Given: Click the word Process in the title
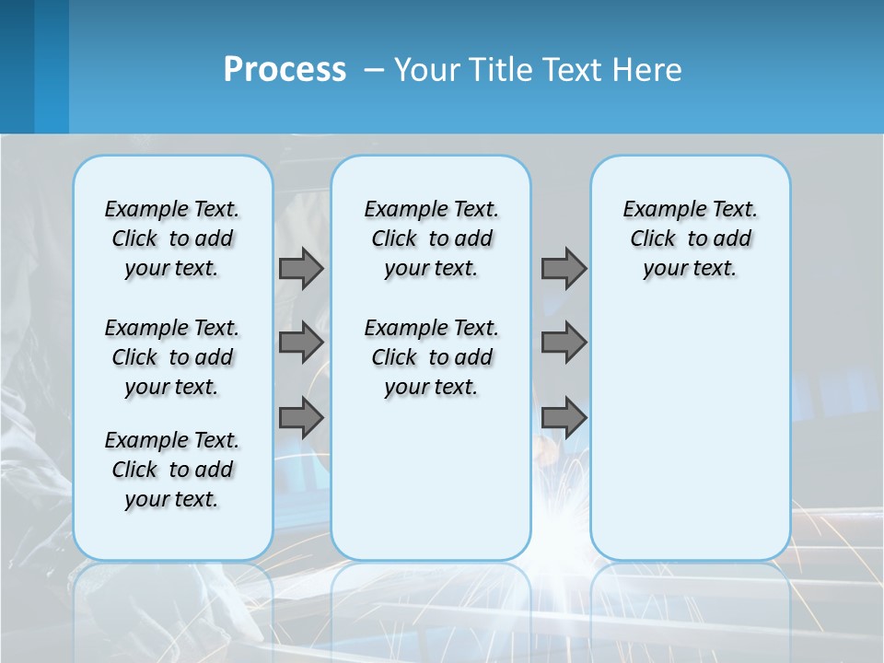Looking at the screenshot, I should click(285, 70).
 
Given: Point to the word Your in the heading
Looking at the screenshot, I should click(427, 70).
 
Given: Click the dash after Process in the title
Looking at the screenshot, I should click(374, 71).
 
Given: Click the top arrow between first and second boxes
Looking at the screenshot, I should click(301, 268).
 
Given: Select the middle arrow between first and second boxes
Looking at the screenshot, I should click(301, 343).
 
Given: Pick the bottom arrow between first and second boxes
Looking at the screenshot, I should click(301, 418).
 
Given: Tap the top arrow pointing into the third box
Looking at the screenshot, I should click(564, 268).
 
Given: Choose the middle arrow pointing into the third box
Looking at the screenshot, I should click(564, 343).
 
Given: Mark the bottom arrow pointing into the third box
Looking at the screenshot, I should click(564, 418).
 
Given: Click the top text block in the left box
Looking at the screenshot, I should click(172, 238).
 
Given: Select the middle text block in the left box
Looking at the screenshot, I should click(172, 357).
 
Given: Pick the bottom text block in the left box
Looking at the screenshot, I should click(172, 470).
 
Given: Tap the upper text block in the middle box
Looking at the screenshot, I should click(432, 238).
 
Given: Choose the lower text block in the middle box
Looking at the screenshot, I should click(432, 357).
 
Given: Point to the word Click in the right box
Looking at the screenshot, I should click(653, 239).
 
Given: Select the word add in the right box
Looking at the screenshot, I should click(732, 239).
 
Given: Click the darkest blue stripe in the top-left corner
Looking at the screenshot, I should click(17, 66).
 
